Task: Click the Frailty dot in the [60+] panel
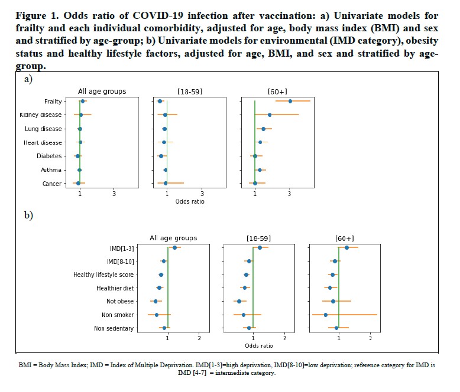(x=290, y=101)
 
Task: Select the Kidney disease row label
(x=41, y=115)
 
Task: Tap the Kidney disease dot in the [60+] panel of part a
(x=270, y=115)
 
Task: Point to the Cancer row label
(x=52, y=184)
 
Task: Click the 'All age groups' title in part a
(x=102, y=91)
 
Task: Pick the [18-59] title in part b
(x=258, y=238)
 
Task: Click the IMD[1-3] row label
(x=121, y=248)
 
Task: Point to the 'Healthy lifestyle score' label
(x=103, y=275)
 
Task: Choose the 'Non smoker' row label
(x=118, y=315)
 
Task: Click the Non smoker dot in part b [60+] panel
(x=326, y=315)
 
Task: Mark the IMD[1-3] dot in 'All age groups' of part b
(x=174, y=248)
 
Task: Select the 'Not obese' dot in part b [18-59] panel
(x=239, y=301)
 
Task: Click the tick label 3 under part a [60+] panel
(x=290, y=194)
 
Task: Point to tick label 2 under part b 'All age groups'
(x=199, y=338)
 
